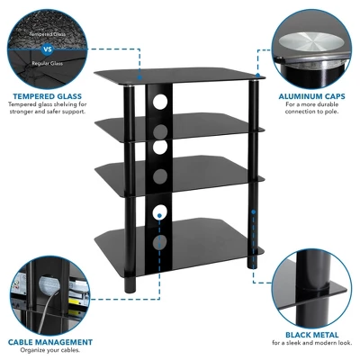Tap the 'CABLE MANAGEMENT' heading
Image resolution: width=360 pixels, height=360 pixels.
tap(50, 342)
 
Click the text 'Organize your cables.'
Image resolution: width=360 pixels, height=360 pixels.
tap(50, 351)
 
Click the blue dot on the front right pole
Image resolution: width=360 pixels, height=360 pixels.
tap(255, 212)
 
